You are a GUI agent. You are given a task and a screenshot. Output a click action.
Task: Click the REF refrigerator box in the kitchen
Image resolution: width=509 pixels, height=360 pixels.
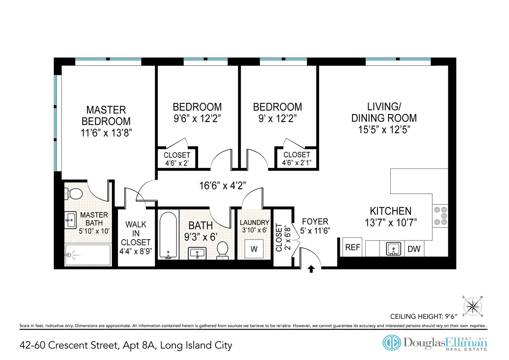[352, 247]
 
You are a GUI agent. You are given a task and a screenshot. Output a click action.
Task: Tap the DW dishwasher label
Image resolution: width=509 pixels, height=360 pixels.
[414, 249]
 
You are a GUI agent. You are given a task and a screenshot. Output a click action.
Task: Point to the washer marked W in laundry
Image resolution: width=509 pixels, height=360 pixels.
[254, 249]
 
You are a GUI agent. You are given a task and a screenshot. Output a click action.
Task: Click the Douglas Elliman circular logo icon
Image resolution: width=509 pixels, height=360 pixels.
[392, 343]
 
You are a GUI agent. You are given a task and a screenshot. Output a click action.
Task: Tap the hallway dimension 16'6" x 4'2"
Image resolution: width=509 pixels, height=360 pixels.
[223, 185]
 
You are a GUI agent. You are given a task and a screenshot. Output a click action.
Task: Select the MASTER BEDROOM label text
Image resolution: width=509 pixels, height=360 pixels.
[106, 115]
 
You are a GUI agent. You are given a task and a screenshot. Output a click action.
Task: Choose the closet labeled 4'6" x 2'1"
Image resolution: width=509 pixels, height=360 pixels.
[296, 159]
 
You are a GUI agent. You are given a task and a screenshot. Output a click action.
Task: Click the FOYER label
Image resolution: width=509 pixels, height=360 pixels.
[315, 221]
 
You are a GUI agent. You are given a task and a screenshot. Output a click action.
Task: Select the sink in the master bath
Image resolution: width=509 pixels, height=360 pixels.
[70, 220]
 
